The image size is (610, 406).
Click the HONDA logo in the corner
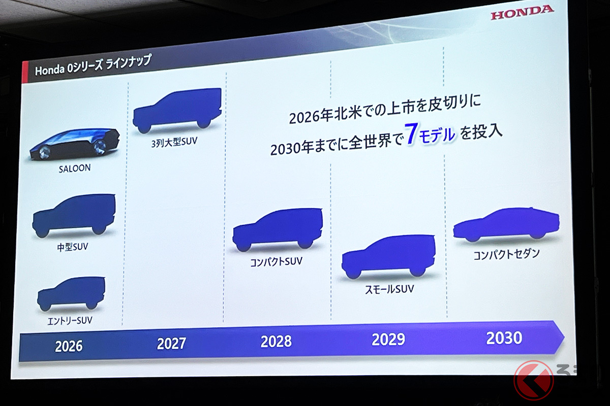[522, 13]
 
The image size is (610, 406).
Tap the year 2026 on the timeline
[69, 346]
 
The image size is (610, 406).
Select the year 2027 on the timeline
[171, 344]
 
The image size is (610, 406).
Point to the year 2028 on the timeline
[276, 341]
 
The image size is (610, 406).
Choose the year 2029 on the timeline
[388, 339]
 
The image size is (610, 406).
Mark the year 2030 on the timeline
[504, 337]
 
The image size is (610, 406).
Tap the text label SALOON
[74, 168]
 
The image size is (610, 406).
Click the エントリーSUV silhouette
[71, 293]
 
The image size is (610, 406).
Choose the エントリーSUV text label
[70, 321]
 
